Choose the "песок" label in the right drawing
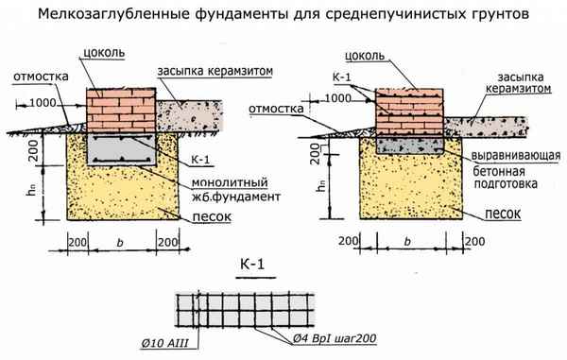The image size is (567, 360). (500, 214)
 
